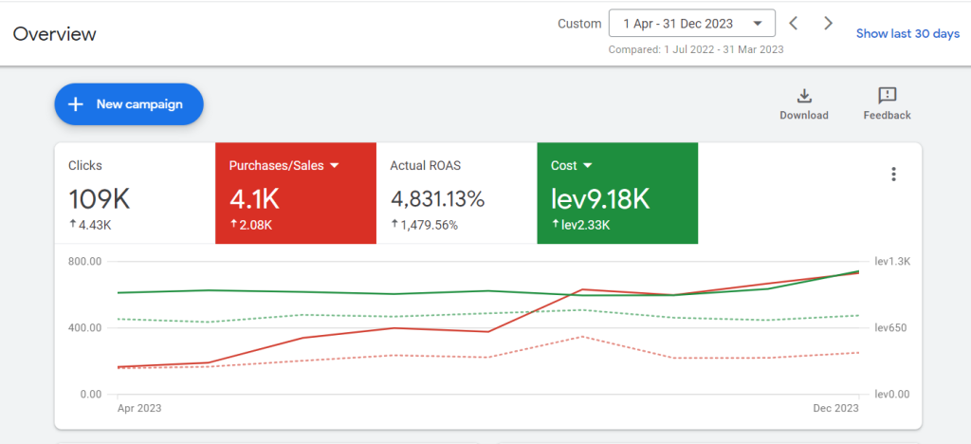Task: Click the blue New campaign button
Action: (x=129, y=104)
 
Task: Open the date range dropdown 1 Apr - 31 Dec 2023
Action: (x=691, y=24)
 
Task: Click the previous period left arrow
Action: (x=794, y=24)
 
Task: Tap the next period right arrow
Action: (x=828, y=24)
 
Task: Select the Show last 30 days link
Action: (x=907, y=33)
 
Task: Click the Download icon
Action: (x=804, y=96)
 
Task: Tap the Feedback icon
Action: (x=888, y=96)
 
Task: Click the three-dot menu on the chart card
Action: (x=893, y=174)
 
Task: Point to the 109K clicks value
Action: (x=99, y=199)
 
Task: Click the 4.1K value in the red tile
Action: (x=254, y=199)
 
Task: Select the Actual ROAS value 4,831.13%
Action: (x=437, y=199)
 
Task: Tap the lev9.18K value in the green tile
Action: (x=600, y=199)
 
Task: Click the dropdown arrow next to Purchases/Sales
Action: (x=335, y=166)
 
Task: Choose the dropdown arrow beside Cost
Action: (x=588, y=166)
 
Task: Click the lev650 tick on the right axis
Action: (x=890, y=327)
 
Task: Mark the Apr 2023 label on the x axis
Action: (x=139, y=408)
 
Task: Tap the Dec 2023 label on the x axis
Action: (x=836, y=408)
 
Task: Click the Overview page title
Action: (x=54, y=33)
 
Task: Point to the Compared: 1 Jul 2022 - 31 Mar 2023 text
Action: (x=696, y=49)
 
